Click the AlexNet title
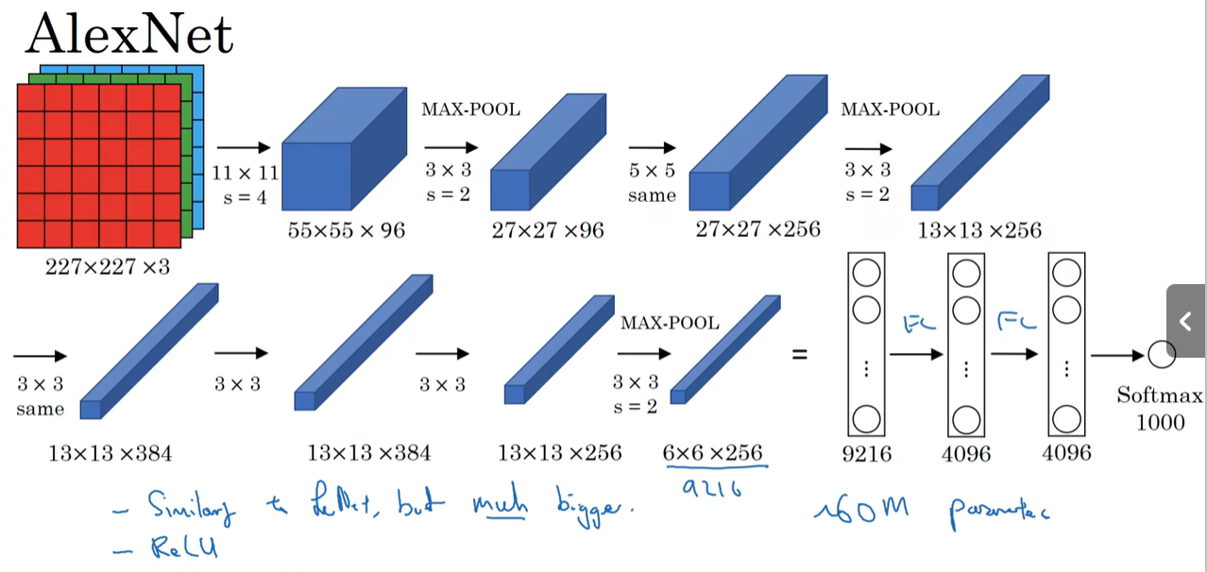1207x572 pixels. pyautogui.click(x=129, y=36)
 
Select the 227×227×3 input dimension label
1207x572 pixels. pyautogui.click(x=108, y=267)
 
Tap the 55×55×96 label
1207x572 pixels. pyautogui.click(x=347, y=230)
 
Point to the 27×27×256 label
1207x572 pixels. pyautogui.click(x=757, y=228)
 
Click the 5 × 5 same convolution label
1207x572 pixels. pyautogui.click(x=652, y=183)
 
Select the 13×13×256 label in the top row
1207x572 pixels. pyautogui.click(x=978, y=230)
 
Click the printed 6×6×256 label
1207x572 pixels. pyautogui.click(x=712, y=452)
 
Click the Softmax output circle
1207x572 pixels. pyautogui.click(x=1161, y=356)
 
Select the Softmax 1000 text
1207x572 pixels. pyautogui.click(x=1160, y=409)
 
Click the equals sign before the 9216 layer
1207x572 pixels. pyautogui.click(x=799, y=356)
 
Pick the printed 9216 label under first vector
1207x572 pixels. pyautogui.click(x=866, y=454)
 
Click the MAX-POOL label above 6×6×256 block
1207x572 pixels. pyautogui.click(x=670, y=323)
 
